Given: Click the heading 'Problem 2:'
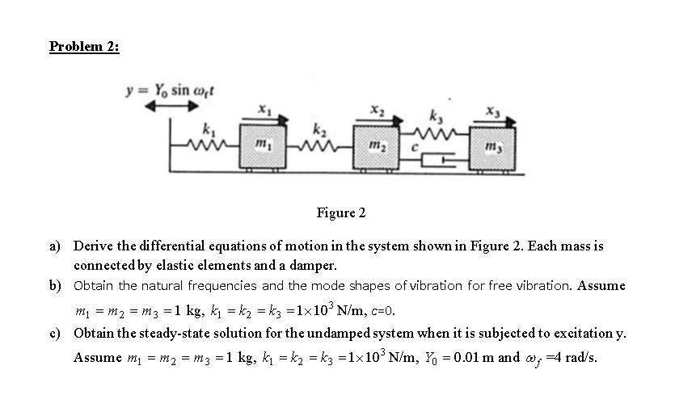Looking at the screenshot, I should tap(84, 46).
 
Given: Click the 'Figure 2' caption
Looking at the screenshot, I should tap(340, 213).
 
